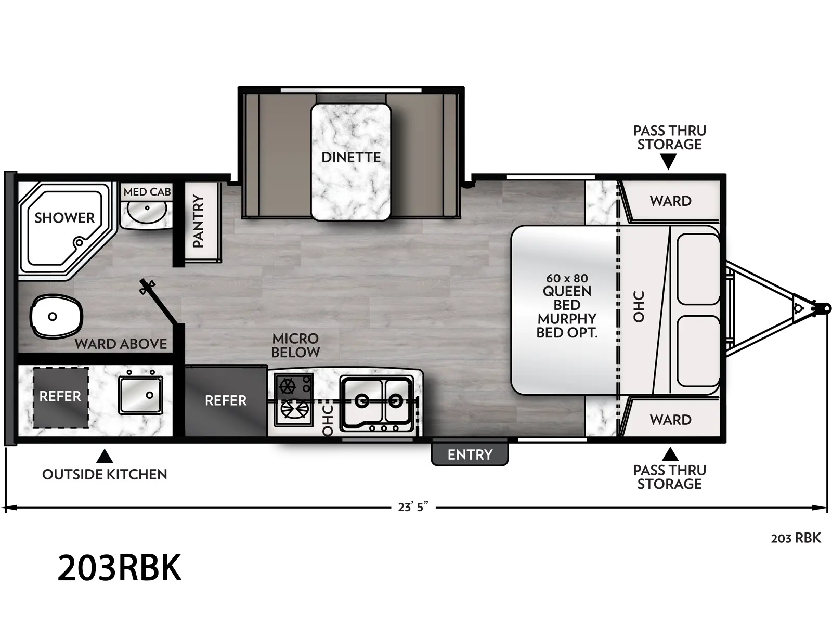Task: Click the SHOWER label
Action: pos(64,218)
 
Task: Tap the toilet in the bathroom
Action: pos(57,316)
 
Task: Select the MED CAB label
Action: pos(147,192)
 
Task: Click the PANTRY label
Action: pos(198,221)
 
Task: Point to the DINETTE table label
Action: pos(351,157)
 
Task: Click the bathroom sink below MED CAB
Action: pos(146,212)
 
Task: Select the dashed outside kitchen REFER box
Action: pos(61,398)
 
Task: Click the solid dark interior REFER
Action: pos(226,400)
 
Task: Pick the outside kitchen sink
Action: pos(140,395)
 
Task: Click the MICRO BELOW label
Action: pos(296,345)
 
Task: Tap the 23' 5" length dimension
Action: pos(413,506)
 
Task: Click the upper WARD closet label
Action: pos(670,201)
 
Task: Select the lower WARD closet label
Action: pos(670,420)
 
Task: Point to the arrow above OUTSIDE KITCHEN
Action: pos(105,457)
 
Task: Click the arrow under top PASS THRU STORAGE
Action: pos(669,163)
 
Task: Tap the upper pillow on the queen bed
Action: pos(698,269)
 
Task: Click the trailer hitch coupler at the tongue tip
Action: pos(823,308)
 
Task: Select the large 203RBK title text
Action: pos(120,567)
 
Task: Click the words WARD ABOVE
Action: pos(121,344)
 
